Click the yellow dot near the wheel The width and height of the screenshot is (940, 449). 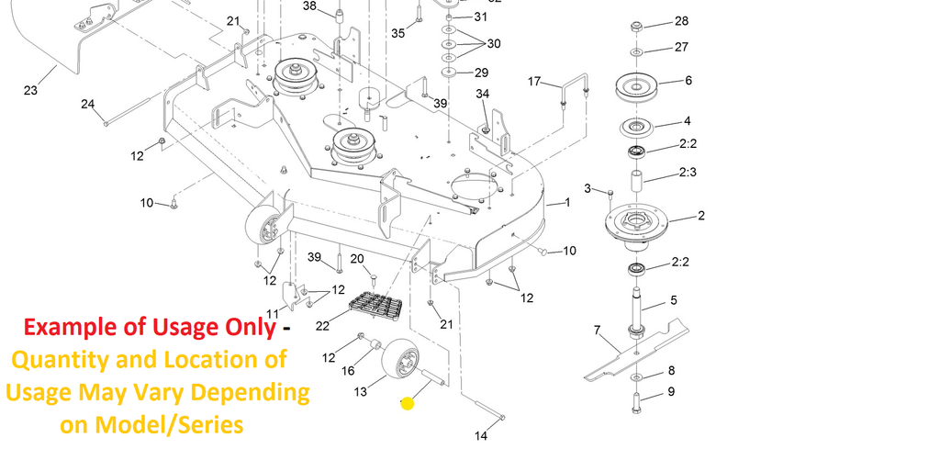[408, 402]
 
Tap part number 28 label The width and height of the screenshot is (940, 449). [681, 20]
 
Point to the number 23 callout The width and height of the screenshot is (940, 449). [30, 90]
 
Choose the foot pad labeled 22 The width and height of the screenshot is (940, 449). [376, 305]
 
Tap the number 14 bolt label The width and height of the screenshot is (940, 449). [481, 435]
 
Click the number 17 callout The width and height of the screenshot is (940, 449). [535, 82]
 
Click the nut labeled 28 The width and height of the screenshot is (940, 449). [637, 25]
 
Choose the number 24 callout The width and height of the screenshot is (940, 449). [88, 104]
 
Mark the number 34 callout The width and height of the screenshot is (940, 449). [483, 94]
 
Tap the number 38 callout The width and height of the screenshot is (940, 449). [308, 6]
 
